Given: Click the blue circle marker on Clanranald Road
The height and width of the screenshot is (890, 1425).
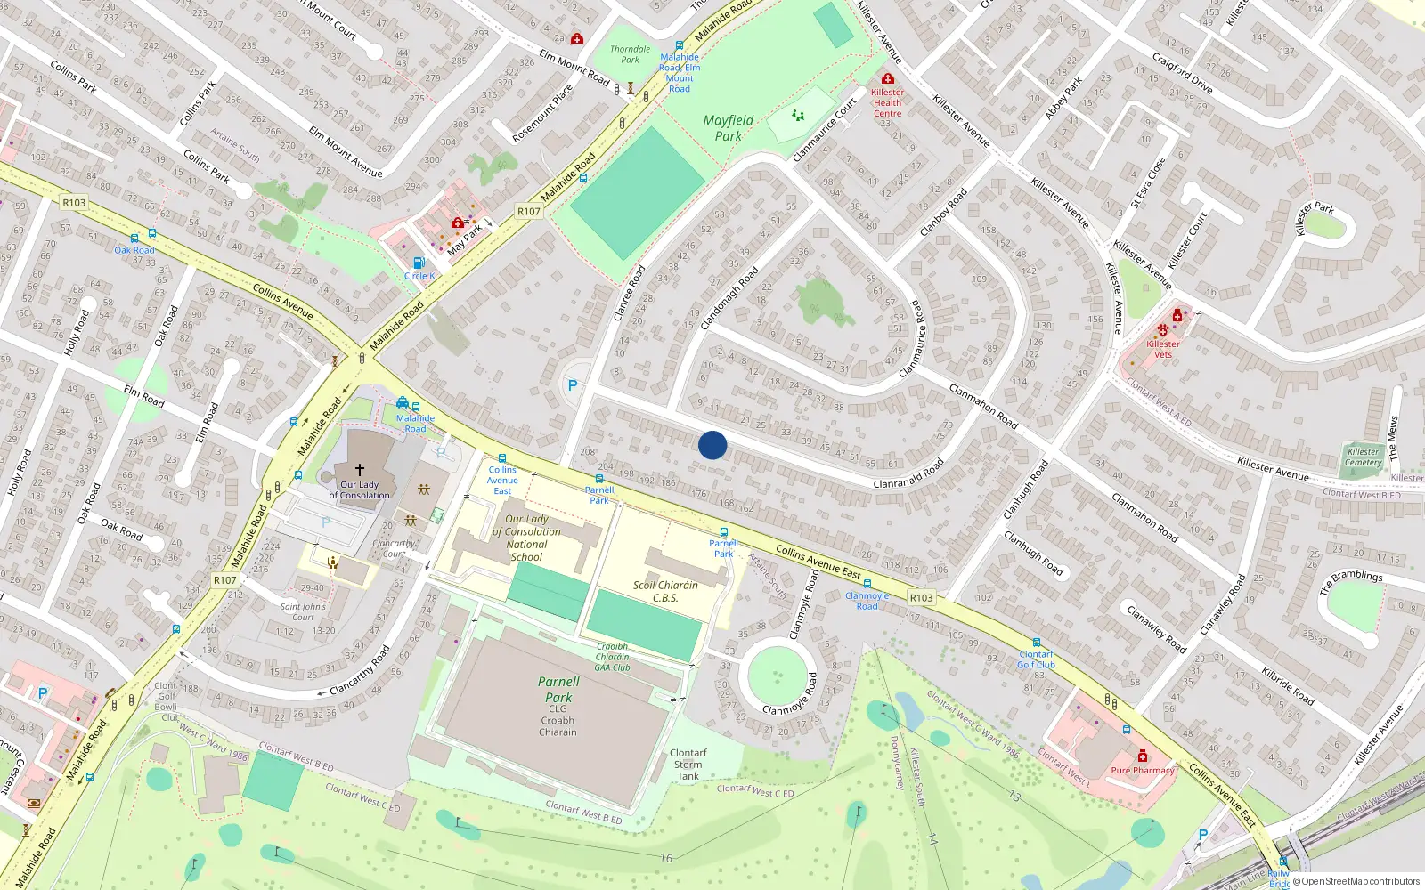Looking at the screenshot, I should pos(712,445).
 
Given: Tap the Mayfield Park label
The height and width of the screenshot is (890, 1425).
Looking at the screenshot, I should pos(729,128).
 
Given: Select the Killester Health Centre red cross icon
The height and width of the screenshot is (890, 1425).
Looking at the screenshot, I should pos(887,79).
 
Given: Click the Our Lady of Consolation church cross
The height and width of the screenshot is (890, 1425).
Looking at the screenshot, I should pos(360,470).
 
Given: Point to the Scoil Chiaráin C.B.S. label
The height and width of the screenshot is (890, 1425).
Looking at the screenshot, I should pos(665,592).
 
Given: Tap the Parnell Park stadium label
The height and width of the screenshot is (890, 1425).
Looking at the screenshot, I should pos(558,690).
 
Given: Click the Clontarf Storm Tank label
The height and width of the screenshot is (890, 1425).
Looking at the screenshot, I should pos(688,765).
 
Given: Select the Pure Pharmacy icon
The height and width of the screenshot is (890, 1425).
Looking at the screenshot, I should pos(1143,756).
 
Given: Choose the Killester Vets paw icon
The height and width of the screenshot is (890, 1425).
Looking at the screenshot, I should pos(1162,330).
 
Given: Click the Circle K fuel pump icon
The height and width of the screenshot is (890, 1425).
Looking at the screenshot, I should pos(419,263).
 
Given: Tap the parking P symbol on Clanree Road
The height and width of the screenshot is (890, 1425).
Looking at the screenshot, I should pos(573,385).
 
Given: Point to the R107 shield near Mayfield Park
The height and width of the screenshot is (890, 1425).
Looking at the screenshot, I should pos(529,212).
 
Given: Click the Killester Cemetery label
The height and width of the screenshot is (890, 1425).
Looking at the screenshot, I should pos(1363,457).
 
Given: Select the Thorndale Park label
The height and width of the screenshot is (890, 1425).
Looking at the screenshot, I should pos(630,54).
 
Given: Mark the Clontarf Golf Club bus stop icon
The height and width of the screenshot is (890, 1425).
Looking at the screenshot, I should pos(1036,643).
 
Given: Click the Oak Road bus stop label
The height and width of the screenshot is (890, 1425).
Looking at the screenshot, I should pos(134,250).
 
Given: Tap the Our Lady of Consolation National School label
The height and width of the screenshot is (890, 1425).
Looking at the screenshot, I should pos(527,538).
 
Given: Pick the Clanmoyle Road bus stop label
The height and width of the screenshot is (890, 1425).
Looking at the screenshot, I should pos(867,601).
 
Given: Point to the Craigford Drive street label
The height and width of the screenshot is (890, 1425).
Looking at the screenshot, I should pos(1182,73).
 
